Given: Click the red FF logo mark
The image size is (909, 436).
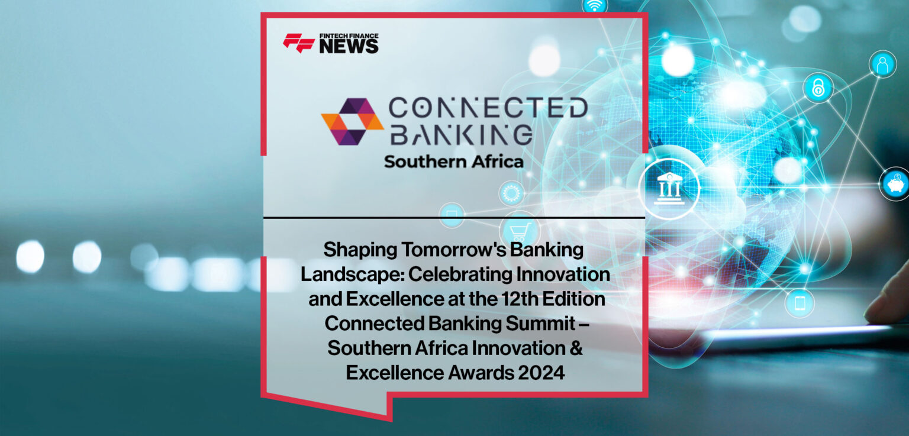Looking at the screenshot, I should [299, 43].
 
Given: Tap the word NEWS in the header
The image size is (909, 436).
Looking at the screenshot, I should [349, 47].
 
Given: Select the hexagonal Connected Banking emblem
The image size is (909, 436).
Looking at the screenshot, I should [352, 121].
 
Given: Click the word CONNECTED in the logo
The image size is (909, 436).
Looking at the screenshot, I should [488, 109].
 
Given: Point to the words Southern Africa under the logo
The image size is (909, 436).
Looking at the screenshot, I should [453, 162].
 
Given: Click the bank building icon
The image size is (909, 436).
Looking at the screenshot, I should [670, 189].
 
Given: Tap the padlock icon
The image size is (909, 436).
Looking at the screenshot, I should [818, 88].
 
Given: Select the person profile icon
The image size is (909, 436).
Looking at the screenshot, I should [882, 64].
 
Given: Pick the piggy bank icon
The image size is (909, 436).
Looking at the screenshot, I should [895, 183].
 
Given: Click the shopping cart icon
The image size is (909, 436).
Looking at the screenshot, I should [519, 231].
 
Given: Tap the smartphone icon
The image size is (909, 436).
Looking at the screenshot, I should [800, 303].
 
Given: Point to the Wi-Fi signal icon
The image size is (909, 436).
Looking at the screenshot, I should [594, 6].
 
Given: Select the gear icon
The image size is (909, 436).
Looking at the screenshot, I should [511, 193].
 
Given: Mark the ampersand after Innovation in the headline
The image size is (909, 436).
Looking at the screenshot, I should [576, 348].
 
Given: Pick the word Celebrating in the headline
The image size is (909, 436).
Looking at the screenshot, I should [441, 275].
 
